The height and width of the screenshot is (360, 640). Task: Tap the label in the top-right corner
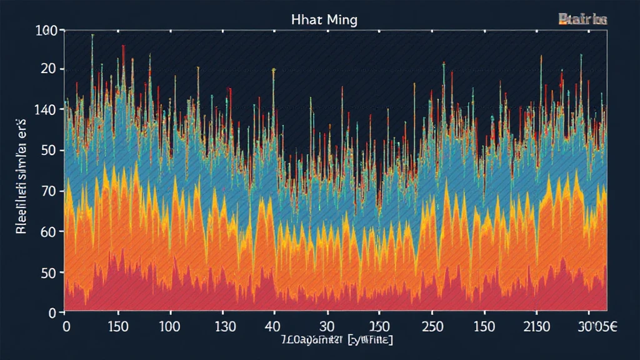coord(582,20)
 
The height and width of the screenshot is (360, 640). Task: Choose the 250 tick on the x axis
coord(432,326)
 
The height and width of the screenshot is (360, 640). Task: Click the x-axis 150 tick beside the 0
coord(117,326)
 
